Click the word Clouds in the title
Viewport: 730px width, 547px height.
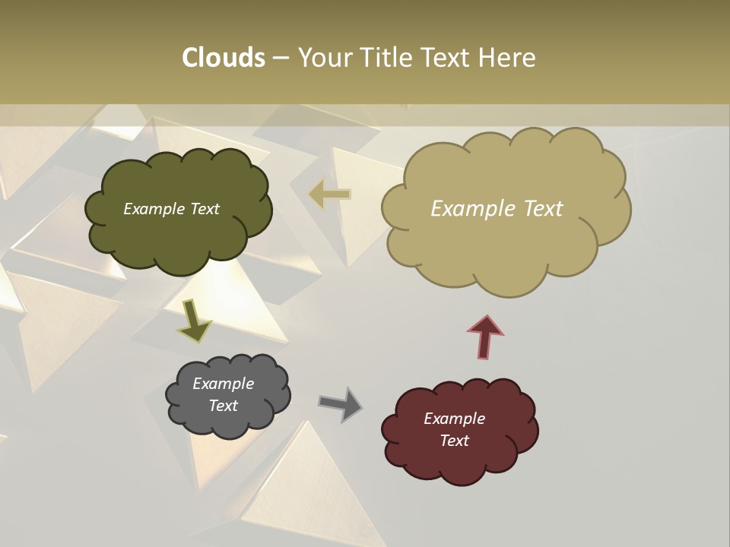(x=223, y=58)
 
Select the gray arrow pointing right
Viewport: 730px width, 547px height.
(x=341, y=404)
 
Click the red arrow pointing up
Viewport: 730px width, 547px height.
(x=485, y=336)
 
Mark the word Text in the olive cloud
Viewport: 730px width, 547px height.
(x=204, y=209)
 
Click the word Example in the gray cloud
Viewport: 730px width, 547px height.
(x=223, y=384)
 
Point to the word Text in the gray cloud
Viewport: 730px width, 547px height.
(x=224, y=406)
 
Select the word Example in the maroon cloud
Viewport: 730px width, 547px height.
(x=454, y=419)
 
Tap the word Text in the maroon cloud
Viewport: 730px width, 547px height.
(x=455, y=441)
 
